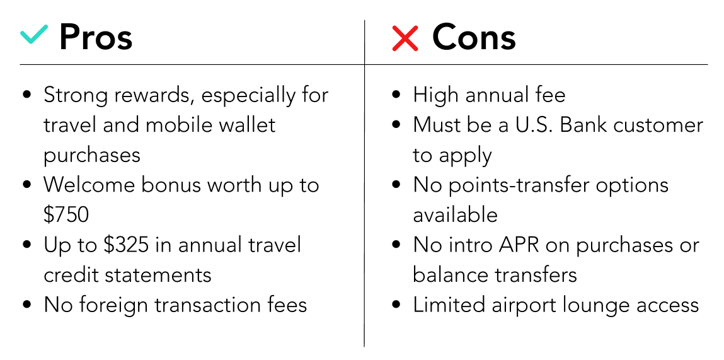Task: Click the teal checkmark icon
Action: point(34,35)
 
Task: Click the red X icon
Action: point(405,38)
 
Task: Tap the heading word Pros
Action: point(96,37)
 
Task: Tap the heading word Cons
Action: point(474,37)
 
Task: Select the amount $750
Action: point(66,214)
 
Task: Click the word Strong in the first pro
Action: point(76,96)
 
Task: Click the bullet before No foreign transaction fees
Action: point(27,305)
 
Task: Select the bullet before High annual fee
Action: point(396,95)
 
